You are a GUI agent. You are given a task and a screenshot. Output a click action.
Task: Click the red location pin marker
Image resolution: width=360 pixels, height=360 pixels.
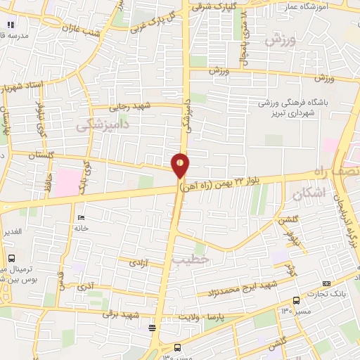click(x=181, y=164)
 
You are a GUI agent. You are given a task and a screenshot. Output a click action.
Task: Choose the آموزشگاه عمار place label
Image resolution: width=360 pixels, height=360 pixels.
click(x=328, y=6)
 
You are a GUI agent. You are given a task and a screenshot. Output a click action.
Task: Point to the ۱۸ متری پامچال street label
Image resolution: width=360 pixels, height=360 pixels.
click(x=244, y=37)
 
